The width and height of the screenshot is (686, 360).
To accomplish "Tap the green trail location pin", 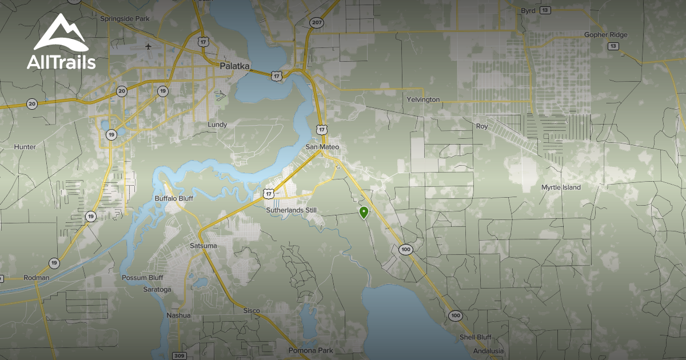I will tap(364, 213).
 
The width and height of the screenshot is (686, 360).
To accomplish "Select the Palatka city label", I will tap(234, 66).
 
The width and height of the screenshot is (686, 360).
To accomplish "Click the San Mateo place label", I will tap(322, 147).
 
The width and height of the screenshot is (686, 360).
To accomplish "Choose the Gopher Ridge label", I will tap(605, 35).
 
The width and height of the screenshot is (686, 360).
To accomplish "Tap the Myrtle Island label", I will tap(561, 187).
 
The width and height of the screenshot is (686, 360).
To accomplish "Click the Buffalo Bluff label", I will tap(174, 198).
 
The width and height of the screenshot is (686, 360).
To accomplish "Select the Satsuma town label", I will tap(203, 246).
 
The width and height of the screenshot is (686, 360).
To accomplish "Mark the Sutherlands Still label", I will tap(291, 210).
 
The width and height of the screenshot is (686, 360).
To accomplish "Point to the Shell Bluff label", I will tap(475, 337).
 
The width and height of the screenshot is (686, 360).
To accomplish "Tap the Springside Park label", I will tap(125, 18).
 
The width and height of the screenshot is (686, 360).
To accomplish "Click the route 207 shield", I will tap(317, 22).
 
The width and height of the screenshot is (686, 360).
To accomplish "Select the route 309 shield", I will tap(180, 355).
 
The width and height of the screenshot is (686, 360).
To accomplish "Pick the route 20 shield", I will tap(32, 103).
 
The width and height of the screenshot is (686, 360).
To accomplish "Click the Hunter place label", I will tap(25, 147).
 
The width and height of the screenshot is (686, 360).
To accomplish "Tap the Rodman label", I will tap(37, 278).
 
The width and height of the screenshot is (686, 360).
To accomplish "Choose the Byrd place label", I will tap(528, 11).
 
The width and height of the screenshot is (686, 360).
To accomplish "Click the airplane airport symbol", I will tap(149, 46).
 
